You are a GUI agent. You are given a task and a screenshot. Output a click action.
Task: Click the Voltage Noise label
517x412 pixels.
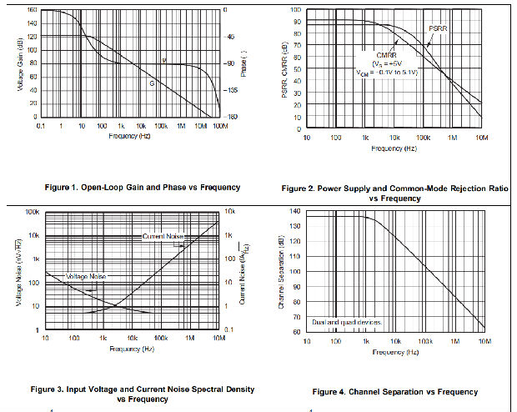coord(87,276)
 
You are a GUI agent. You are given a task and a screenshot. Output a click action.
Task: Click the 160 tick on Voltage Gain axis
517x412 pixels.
coord(31,10)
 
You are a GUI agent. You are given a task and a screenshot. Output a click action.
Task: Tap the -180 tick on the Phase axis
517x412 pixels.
coord(231,116)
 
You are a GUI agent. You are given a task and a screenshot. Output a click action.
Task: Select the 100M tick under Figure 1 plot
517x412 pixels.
coord(220,125)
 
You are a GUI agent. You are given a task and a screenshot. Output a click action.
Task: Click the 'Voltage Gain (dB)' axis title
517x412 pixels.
coord(19,63)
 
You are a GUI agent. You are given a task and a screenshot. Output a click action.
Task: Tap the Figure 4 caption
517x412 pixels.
coord(394,392)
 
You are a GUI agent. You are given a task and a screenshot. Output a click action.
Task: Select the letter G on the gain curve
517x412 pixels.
coord(152,83)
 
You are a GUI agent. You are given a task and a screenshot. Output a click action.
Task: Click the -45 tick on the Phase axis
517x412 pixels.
coord(230,37)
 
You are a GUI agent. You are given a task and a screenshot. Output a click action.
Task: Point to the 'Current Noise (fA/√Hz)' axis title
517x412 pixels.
coord(242,271)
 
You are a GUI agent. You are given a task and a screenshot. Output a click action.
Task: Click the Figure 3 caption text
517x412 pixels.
coord(143,394)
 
